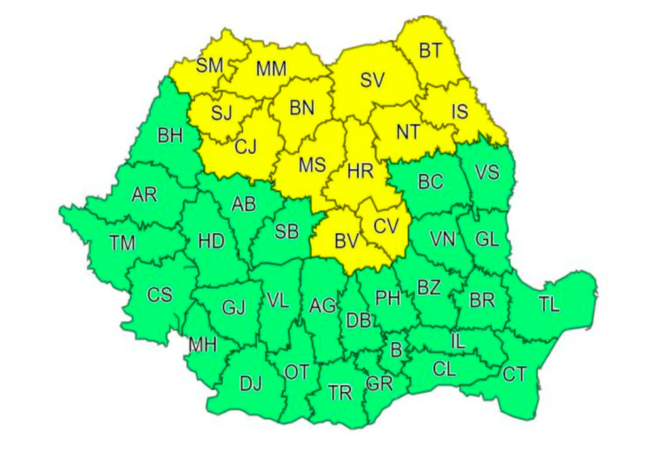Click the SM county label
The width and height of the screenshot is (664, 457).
pyautogui.click(x=210, y=65)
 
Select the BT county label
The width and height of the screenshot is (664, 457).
pyautogui.click(x=432, y=50)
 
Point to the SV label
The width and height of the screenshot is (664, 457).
pyautogui.click(x=372, y=80)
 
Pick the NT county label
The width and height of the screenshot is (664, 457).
pyautogui.click(x=408, y=132)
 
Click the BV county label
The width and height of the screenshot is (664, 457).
pyautogui.click(x=346, y=242)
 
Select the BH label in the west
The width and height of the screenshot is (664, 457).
pyautogui.click(x=169, y=136)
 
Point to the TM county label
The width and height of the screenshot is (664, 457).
pyautogui.click(x=122, y=243)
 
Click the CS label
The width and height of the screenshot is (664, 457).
pyautogui.click(x=159, y=294)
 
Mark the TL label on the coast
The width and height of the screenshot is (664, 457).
pyautogui.click(x=548, y=305)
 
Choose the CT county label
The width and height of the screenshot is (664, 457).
pyautogui.click(x=514, y=374)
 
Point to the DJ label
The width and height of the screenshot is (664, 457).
pyautogui.click(x=250, y=383)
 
